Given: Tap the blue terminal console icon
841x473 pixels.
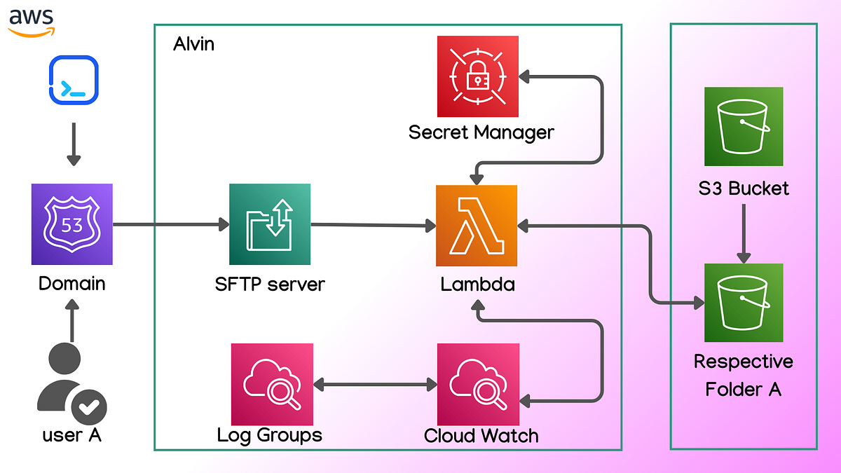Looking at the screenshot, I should click(x=74, y=81).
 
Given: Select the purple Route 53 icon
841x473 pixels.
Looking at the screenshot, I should click(x=72, y=224).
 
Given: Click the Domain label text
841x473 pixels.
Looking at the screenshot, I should click(x=72, y=284).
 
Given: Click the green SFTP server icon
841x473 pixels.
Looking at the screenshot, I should click(x=270, y=225).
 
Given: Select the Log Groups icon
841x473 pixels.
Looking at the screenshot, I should click(x=271, y=384).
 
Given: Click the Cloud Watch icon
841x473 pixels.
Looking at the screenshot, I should click(x=478, y=384).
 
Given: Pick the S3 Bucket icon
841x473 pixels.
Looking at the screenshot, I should click(x=743, y=126).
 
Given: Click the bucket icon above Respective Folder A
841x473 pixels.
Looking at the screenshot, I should click(x=743, y=302).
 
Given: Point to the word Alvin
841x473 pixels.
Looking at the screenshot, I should click(x=193, y=45).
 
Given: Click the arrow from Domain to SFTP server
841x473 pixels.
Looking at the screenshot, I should click(x=171, y=225).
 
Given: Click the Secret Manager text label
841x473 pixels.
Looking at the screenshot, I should click(x=481, y=132).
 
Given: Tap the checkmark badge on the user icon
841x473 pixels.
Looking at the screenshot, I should click(x=88, y=406).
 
